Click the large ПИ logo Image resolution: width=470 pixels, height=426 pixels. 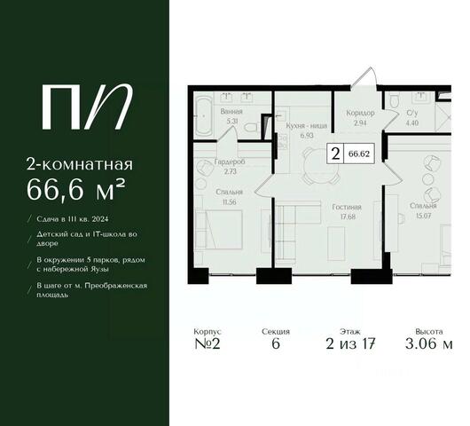click(x=87, y=106)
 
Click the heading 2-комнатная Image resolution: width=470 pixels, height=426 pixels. click(x=80, y=164)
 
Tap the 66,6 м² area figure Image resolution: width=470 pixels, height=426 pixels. click(x=75, y=190)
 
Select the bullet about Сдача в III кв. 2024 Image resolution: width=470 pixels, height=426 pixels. click(x=72, y=219)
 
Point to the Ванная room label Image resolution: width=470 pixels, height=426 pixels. click(x=231, y=112)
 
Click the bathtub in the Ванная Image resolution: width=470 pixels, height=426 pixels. click(x=204, y=116)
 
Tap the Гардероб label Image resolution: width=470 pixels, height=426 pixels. click(x=230, y=162)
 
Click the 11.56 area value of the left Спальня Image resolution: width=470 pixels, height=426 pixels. click(x=230, y=201)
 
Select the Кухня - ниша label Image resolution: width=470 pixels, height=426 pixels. click(x=306, y=126)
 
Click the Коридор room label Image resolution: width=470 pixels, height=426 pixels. click(x=360, y=113)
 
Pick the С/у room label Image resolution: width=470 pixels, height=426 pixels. click(x=412, y=113)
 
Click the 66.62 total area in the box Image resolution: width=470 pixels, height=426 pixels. click(x=359, y=154)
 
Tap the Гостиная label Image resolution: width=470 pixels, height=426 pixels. click(x=347, y=207)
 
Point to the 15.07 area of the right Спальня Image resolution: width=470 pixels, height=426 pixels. click(x=423, y=216)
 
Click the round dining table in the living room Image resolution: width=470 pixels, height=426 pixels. click(x=319, y=165)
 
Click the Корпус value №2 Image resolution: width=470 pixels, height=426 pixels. click(x=208, y=343)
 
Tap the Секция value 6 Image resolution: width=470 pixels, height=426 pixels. click(x=276, y=343)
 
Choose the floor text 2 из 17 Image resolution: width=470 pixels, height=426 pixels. click(x=350, y=343)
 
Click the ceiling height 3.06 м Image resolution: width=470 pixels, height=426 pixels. click(x=428, y=343)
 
